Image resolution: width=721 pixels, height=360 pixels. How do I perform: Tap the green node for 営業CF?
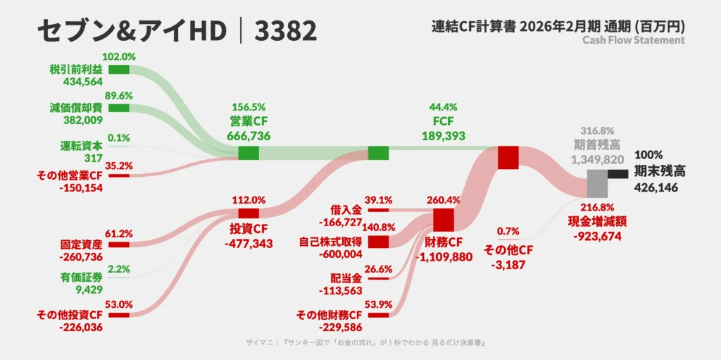249,153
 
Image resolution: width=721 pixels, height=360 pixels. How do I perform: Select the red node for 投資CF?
249,213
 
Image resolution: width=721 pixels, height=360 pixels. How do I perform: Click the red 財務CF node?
444,220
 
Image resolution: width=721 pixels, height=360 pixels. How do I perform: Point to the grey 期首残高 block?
598,184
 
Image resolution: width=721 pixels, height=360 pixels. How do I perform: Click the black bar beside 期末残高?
618,173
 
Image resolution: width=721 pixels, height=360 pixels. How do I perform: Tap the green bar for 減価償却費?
118,108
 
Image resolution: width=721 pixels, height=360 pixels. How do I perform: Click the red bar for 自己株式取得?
378,242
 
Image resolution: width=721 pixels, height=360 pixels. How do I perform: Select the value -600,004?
341,254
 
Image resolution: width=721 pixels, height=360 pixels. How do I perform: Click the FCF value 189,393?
444,136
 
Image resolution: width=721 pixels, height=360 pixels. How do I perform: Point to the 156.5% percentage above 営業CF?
249,107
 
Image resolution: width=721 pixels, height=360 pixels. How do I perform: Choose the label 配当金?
346,278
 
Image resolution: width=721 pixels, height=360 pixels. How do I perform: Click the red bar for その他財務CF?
378,316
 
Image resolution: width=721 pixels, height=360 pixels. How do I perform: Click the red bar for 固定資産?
118,244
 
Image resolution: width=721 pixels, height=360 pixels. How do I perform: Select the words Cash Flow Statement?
634,40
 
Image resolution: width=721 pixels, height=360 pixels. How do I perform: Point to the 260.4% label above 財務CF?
444,201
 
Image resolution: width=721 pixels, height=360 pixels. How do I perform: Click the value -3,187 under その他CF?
508,265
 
